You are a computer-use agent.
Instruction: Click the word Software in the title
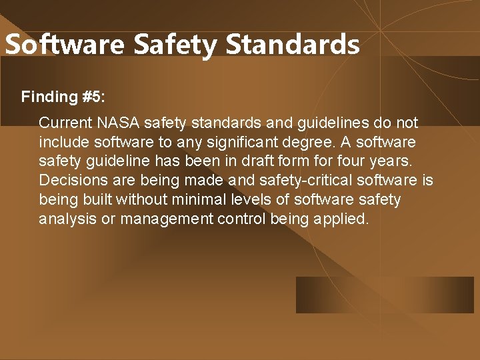(65, 45)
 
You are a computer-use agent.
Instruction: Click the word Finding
(49, 97)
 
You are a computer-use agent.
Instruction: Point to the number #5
(93, 97)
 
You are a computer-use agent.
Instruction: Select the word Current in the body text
(65, 123)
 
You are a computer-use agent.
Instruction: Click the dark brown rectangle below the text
(385, 295)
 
